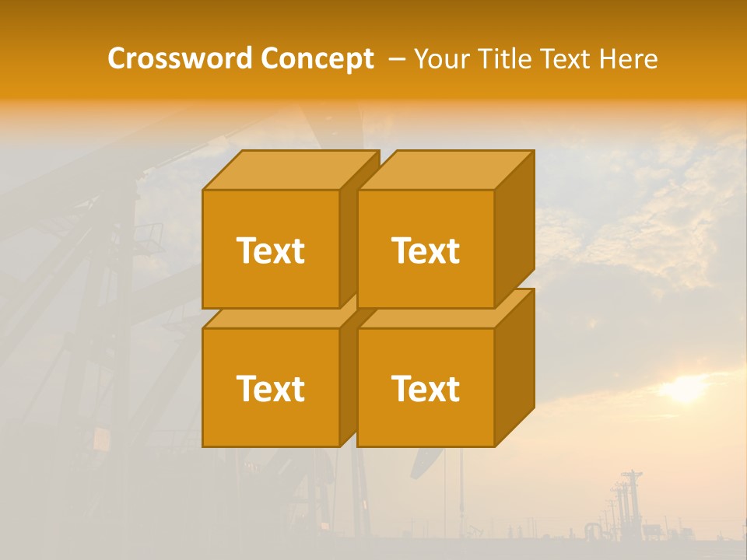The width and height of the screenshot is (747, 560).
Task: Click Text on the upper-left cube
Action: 270,250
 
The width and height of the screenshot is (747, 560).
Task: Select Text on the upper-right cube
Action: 425,250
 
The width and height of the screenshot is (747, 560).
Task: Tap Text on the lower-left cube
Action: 270,388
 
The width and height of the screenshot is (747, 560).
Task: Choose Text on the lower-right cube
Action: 425,388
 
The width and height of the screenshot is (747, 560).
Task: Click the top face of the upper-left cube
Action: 289,170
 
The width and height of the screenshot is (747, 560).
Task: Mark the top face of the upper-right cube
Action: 445,170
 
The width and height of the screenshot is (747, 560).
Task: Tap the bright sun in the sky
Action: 685,388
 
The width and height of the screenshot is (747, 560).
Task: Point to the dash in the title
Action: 395,58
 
